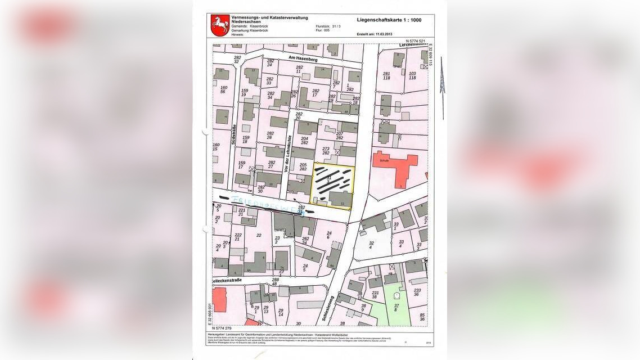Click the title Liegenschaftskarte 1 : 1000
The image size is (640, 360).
point(389,20)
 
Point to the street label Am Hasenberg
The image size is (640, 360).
point(303,59)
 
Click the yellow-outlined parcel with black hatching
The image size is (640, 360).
point(333,186)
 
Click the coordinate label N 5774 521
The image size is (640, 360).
point(415,41)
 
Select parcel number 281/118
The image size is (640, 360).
point(386,75)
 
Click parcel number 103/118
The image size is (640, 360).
point(412,75)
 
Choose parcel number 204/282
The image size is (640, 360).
point(304,140)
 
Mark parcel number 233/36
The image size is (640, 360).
point(417,292)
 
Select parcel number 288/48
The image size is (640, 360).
point(275,281)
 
